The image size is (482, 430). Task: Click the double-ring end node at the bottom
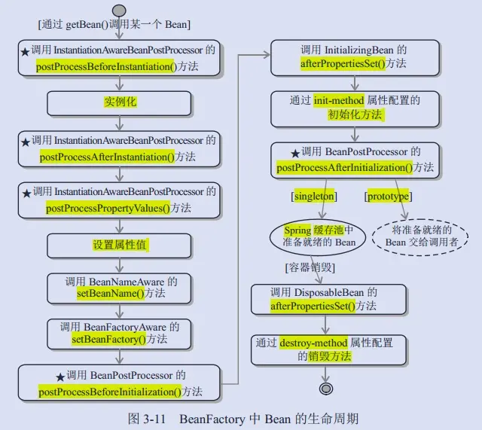click(x=325, y=389)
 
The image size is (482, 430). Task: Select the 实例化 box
click(x=120, y=102)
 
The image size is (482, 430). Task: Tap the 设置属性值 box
click(x=120, y=245)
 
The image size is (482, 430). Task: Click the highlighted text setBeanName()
click(x=110, y=294)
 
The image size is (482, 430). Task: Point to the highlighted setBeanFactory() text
click(x=110, y=340)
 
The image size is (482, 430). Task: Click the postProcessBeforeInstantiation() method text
click(x=105, y=66)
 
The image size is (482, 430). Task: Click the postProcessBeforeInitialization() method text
click(x=109, y=392)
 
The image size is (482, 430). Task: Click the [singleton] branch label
click(x=314, y=197)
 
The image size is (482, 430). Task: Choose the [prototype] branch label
click(x=388, y=197)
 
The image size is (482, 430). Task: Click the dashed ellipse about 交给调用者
click(x=420, y=237)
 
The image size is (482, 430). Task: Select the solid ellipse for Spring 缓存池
click(x=319, y=237)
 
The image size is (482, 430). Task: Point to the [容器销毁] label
click(x=310, y=268)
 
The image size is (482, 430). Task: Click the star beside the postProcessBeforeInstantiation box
click(x=26, y=50)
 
